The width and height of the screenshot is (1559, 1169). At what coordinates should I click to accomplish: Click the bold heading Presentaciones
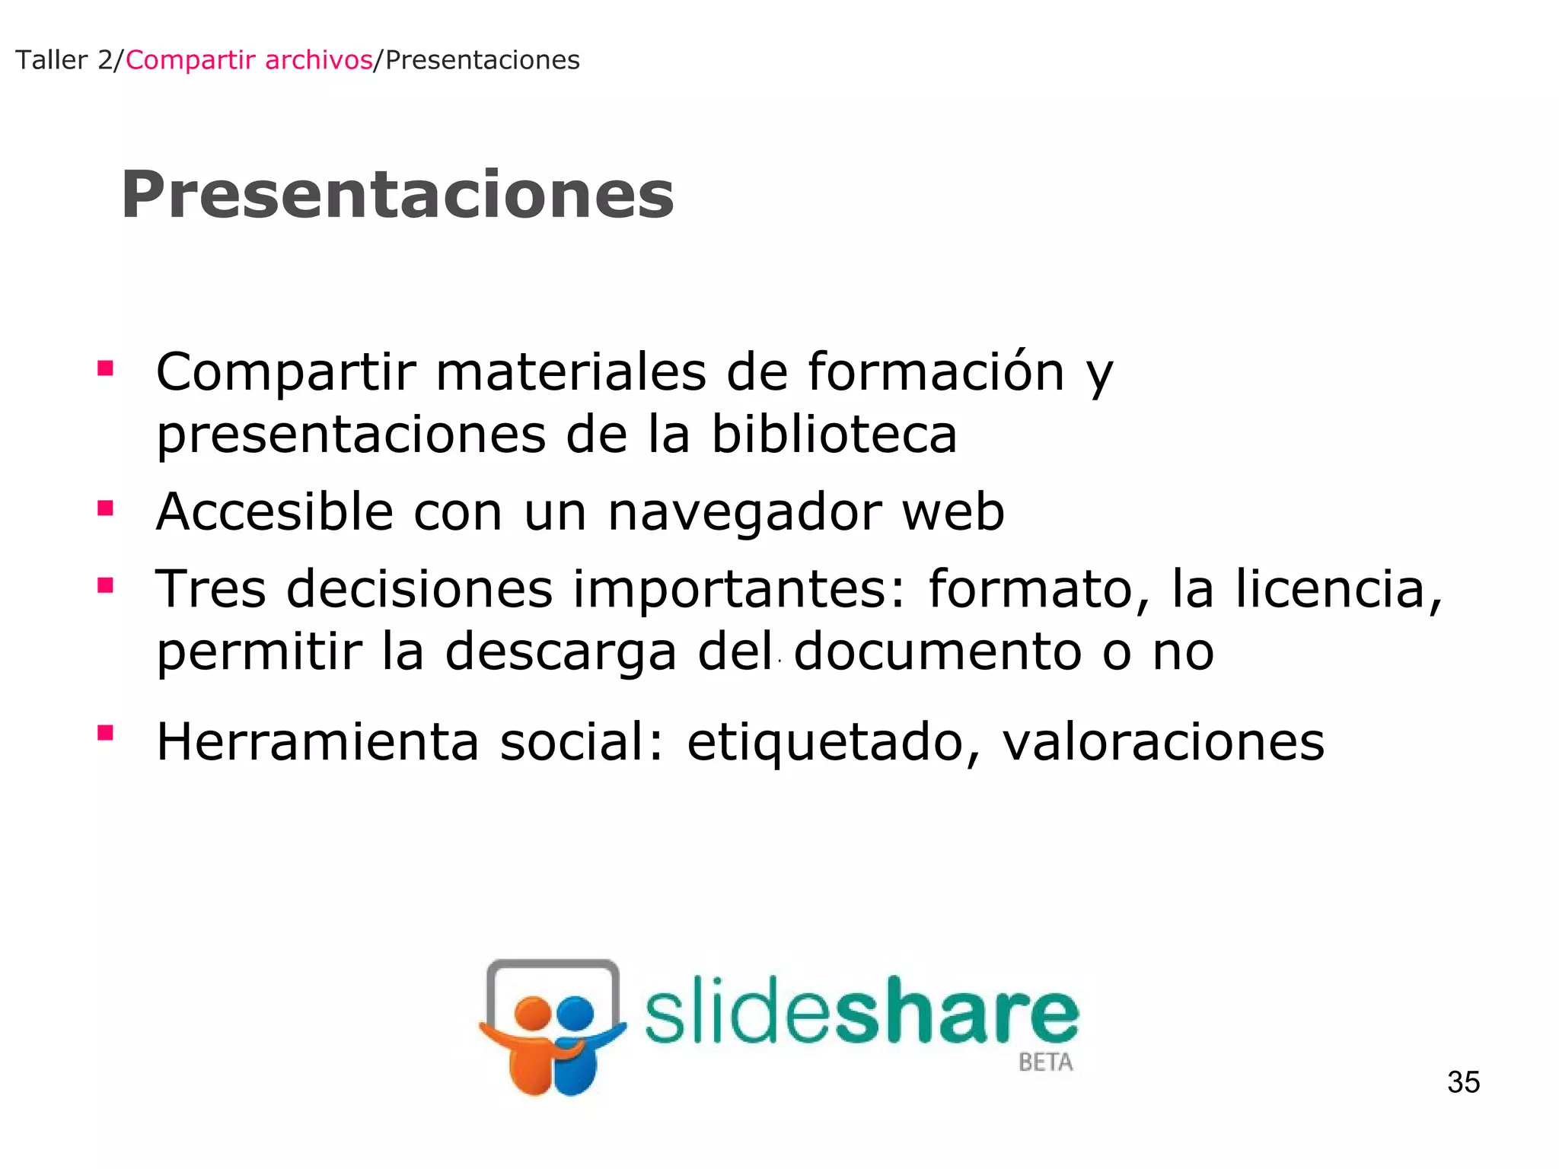tap(397, 195)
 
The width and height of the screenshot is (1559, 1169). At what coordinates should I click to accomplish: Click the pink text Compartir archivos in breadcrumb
tap(249, 60)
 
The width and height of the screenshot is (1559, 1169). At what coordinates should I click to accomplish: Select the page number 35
tap(1463, 1081)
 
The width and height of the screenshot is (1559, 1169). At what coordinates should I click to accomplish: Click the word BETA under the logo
tap(1045, 1062)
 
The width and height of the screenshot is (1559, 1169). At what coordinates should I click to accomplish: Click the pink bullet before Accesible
tap(106, 508)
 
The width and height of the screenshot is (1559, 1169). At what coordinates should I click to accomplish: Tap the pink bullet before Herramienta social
tap(106, 733)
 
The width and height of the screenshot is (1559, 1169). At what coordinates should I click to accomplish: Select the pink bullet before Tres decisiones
tap(106, 585)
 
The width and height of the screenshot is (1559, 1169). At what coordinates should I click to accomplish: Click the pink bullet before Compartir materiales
tap(106, 369)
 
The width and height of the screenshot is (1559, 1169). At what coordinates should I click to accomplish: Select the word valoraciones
tap(1163, 742)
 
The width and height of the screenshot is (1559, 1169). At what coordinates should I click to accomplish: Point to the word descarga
tap(560, 653)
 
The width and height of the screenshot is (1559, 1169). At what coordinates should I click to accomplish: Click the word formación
tap(936, 372)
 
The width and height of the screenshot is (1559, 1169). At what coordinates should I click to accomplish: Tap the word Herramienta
tap(317, 742)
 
